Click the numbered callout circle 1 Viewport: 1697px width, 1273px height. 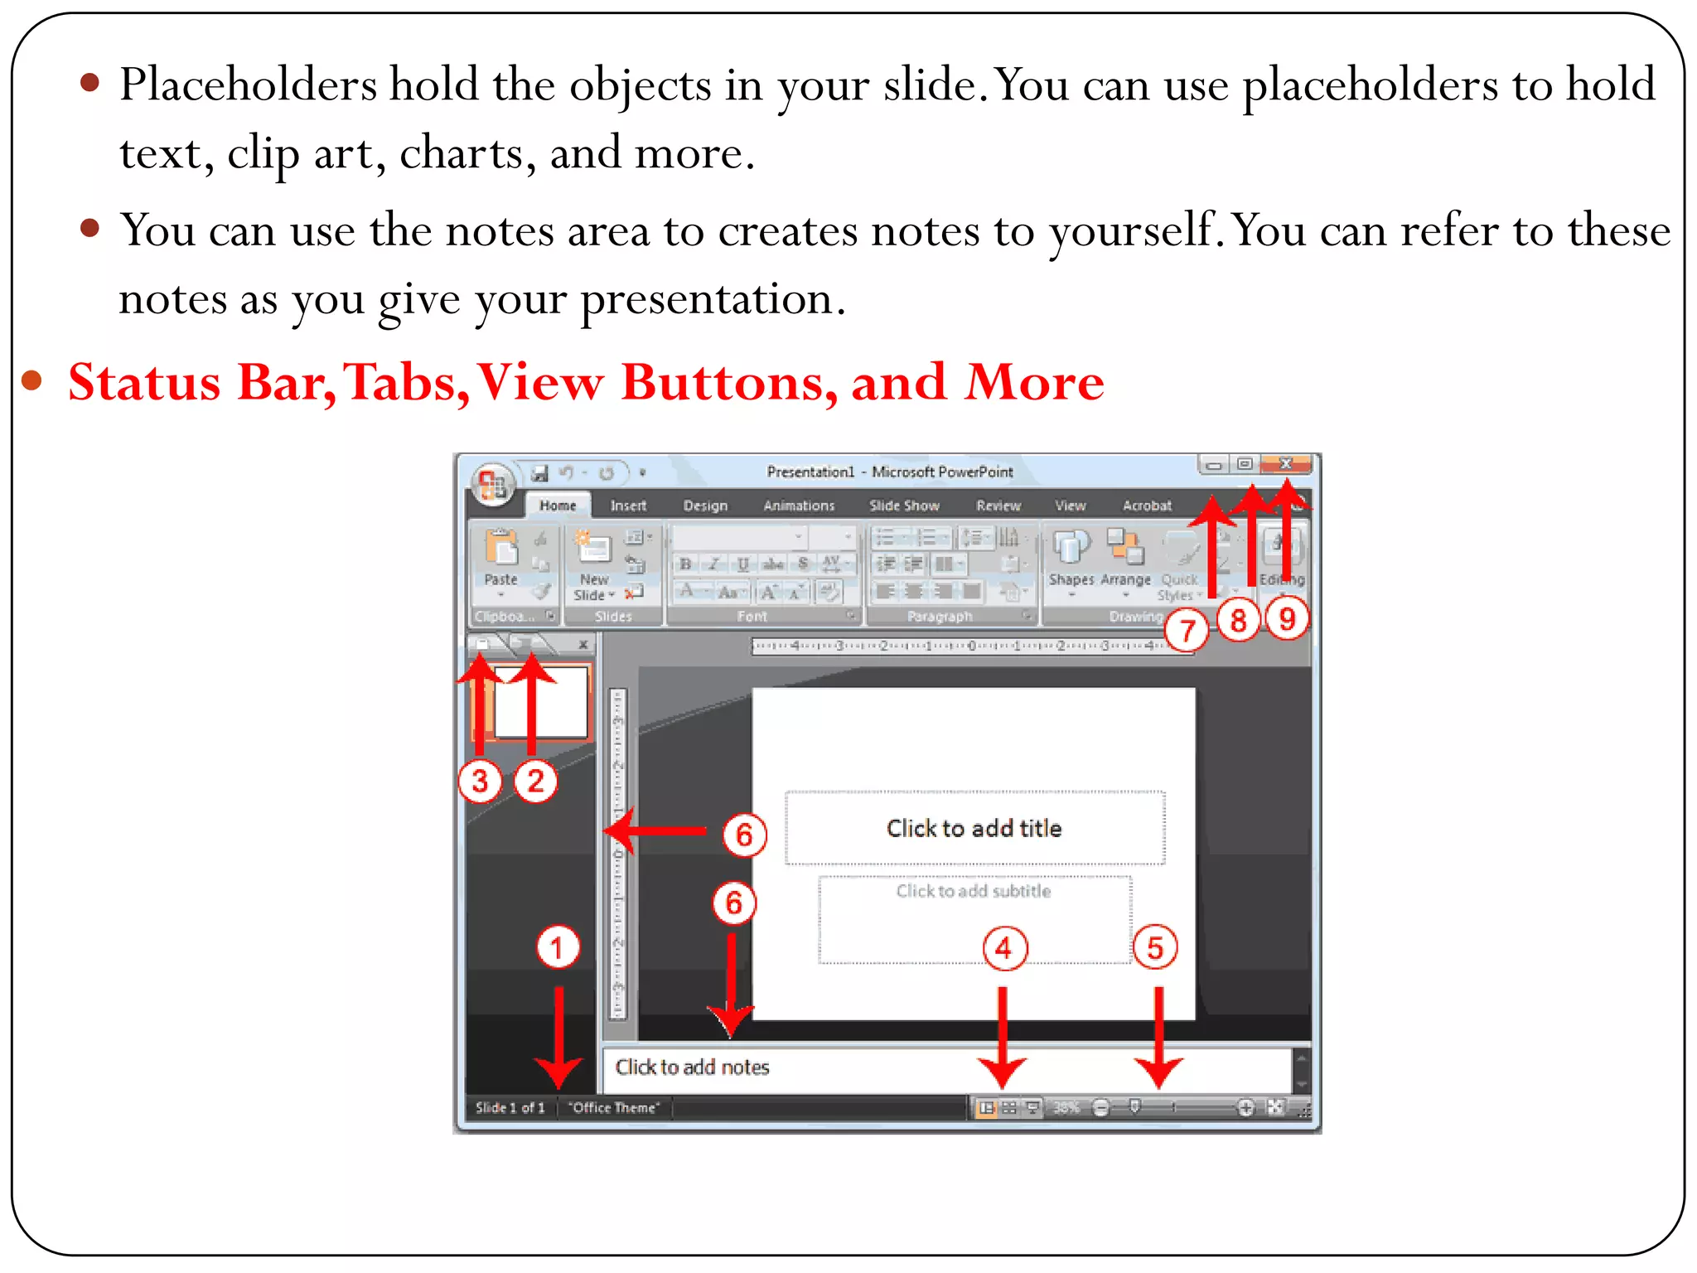point(557,947)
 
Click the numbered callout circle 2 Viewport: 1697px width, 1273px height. point(535,781)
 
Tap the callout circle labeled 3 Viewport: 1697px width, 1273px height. point(480,781)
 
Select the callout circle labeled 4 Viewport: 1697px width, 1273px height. point(1004,948)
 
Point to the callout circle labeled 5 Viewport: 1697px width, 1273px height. point(1155,947)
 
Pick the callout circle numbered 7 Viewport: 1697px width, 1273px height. point(1187,631)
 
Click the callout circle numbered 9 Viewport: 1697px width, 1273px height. point(1287,618)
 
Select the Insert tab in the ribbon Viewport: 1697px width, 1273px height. point(628,506)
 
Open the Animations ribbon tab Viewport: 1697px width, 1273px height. point(799,506)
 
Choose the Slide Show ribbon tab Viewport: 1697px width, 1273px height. point(904,506)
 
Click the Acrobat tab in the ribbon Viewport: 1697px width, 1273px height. point(1147,506)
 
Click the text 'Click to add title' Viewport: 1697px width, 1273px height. point(974,828)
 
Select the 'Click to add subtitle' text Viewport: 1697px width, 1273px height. point(974,891)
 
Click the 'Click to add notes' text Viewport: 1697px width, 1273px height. point(692,1067)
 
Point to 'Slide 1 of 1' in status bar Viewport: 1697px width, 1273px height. point(510,1107)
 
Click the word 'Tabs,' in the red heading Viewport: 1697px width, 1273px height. point(404,383)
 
